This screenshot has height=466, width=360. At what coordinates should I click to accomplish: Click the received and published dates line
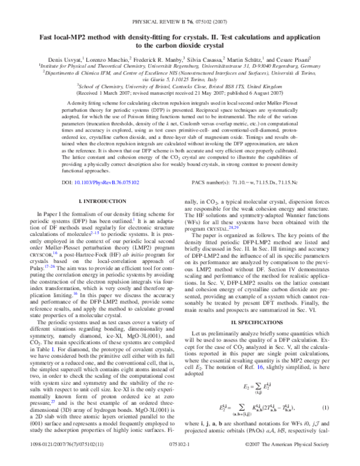(x=179, y=94)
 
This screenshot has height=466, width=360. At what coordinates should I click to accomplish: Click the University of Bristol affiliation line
(x=179, y=86)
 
